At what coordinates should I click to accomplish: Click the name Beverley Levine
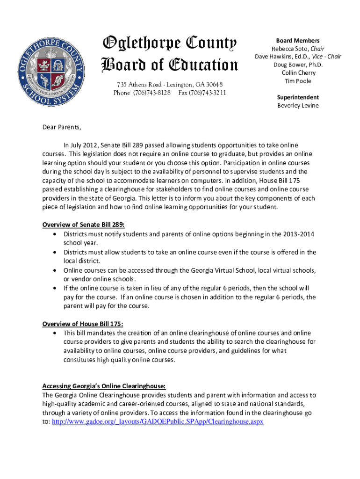(298, 105)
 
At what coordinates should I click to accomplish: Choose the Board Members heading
(298, 41)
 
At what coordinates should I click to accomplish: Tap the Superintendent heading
(298, 97)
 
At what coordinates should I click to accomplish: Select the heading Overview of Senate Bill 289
(84, 225)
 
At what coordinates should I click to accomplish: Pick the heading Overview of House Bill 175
(83, 324)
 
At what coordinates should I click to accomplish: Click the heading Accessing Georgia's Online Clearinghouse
(104, 386)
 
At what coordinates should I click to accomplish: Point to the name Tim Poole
(298, 81)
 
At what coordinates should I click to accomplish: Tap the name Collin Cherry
(298, 73)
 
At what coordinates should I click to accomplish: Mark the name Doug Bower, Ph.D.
(298, 65)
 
